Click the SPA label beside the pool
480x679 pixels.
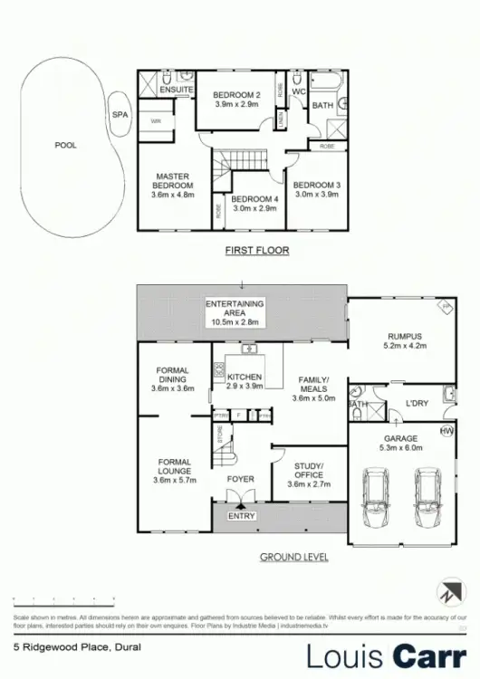120,115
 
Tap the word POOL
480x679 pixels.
66,145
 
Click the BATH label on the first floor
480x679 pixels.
322,106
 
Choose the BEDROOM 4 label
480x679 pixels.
253,199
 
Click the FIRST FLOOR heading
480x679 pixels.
258,250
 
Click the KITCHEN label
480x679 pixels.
245,377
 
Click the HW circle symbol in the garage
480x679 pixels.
446,430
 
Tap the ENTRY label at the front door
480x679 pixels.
242,516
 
